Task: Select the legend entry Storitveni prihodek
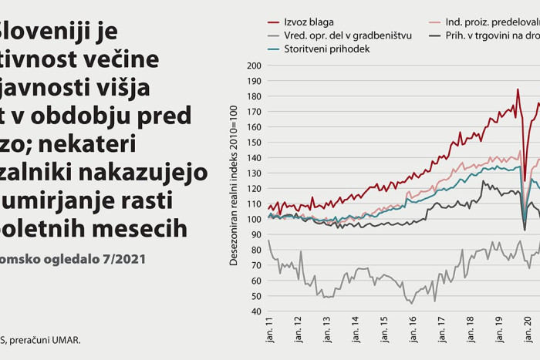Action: point(327,49)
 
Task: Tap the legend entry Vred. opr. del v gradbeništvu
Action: point(346,35)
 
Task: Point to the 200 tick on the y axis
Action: point(254,66)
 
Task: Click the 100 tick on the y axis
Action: point(254,220)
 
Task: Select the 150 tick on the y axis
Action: point(254,143)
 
